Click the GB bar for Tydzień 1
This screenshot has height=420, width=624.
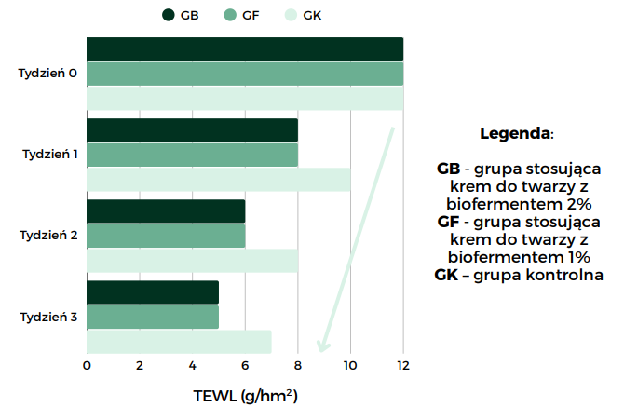192,130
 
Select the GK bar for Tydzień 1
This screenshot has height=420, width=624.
218,179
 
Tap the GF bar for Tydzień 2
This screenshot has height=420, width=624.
166,236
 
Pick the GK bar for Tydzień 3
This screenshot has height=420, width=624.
179,342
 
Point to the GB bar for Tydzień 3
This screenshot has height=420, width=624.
153,292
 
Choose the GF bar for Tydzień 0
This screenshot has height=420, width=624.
245,74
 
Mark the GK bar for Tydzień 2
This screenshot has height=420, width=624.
192,260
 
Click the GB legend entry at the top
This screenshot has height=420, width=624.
181,14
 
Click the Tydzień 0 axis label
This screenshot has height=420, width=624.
47,73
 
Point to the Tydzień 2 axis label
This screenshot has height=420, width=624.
47,236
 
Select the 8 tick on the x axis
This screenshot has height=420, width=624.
298,366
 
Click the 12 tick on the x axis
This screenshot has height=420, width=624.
402,366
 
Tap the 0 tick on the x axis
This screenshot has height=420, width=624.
87,366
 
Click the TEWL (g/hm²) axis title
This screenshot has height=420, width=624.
245,397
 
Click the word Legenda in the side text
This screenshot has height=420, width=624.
513,134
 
